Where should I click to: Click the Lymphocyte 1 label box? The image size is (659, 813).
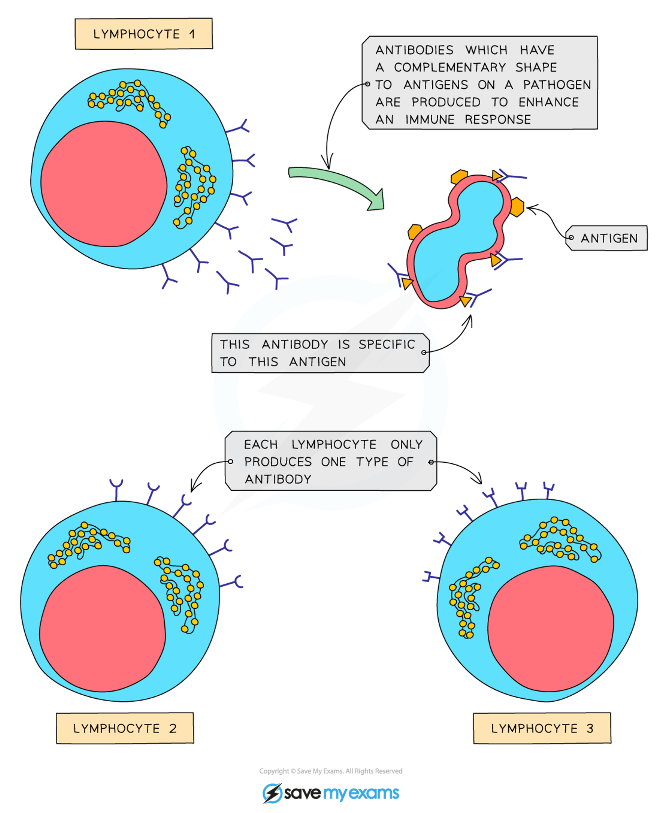(143, 34)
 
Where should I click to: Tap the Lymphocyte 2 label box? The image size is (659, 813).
(125, 728)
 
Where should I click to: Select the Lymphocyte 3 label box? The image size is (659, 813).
(542, 728)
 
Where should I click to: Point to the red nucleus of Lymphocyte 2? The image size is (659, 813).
(102, 628)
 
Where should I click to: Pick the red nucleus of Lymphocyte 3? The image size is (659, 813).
(551, 628)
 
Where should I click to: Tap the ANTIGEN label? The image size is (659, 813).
(609, 238)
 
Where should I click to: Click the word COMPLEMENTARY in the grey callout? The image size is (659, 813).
(450, 67)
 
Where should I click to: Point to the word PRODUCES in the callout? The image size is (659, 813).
(278, 462)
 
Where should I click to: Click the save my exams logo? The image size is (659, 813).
(330, 793)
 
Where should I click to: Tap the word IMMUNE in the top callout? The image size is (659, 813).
(430, 120)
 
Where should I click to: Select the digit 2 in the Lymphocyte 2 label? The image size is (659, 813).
(173, 728)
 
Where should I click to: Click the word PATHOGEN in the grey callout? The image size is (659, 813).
(557, 85)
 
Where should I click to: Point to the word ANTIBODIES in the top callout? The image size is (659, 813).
(414, 50)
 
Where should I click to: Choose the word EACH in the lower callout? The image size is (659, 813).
(261, 444)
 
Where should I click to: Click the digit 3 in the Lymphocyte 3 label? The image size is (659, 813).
(589, 728)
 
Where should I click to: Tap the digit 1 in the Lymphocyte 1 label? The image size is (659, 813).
(192, 34)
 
